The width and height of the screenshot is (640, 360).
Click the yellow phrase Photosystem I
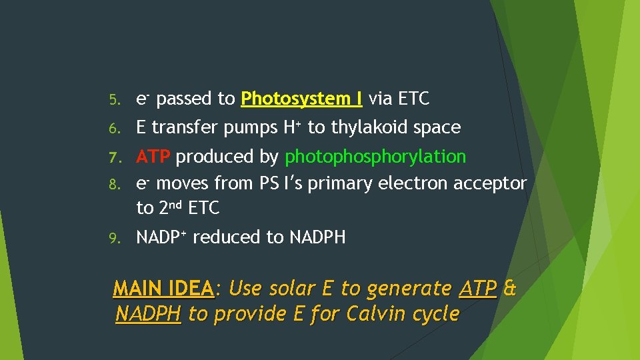click(302, 99)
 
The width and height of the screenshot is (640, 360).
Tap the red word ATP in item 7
click(154, 157)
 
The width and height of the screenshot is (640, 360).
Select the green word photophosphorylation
click(375, 157)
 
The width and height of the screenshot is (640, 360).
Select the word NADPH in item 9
click(317, 237)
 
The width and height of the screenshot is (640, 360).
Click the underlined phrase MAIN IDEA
click(163, 289)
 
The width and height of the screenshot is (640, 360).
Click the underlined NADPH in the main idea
click(148, 313)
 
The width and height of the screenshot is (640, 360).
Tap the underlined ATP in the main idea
click(478, 289)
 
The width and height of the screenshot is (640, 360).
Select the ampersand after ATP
click(510, 289)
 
